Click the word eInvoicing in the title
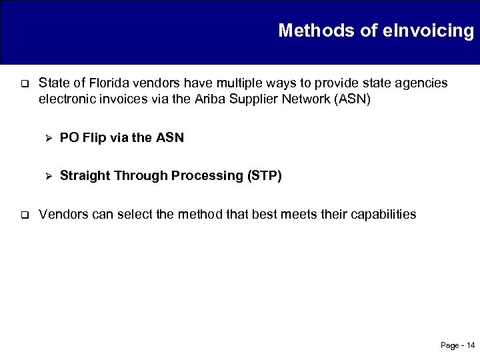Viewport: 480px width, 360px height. (433, 31)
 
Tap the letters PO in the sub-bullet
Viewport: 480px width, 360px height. (69, 138)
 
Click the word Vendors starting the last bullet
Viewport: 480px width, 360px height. (62, 214)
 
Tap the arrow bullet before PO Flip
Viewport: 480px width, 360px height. (47, 139)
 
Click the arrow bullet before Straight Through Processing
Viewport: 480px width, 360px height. (47, 177)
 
